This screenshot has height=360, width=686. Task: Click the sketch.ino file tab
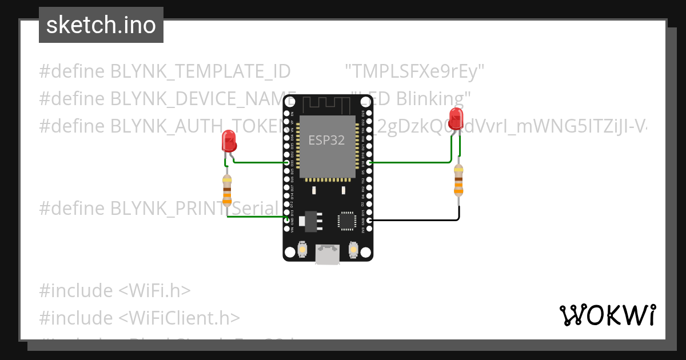point(101,25)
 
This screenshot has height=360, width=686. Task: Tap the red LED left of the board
point(228,140)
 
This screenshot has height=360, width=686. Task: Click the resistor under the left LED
point(227,190)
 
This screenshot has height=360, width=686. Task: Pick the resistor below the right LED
point(458,179)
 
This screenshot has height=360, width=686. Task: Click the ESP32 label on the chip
point(326,139)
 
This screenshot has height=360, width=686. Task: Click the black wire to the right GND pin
point(414,220)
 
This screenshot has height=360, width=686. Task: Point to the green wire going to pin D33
point(260,162)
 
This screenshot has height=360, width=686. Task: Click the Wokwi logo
point(607,315)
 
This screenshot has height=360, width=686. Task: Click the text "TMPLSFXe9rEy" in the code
point(415,71)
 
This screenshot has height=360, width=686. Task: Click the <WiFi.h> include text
point(154,291)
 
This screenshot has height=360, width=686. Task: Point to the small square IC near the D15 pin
point(346,221)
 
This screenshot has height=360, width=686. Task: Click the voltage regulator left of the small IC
point(310,221)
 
